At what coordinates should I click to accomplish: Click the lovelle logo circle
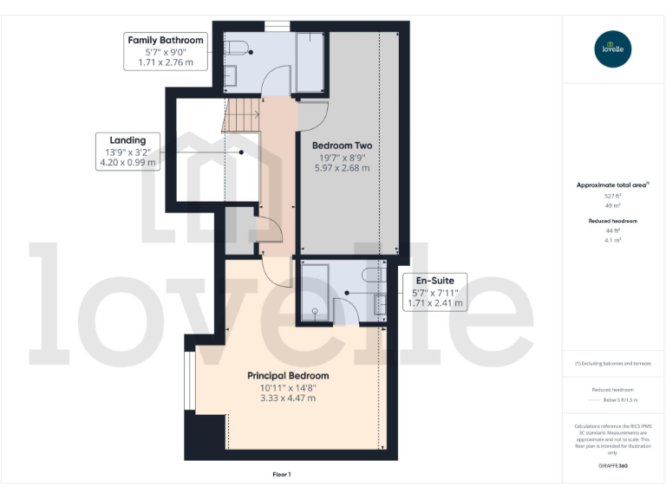[613, 49]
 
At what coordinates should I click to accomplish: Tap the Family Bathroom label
[166, 40]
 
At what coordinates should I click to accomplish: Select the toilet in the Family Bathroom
[239, 47]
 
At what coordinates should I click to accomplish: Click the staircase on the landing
[243, 113]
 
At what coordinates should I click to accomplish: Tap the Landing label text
[127, 139]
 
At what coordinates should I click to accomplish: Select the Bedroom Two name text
[342, 146]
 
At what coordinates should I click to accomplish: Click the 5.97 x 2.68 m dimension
[342, 168]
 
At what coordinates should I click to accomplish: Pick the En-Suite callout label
[434, 281]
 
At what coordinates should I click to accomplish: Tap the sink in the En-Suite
[380, 304]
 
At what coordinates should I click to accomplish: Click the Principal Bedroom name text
[288, 375]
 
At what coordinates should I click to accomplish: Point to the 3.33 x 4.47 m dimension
[288, 398]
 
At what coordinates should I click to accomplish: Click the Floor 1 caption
[282, 475]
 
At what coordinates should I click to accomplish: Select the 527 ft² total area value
[613, 197]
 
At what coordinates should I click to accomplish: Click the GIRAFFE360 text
[613, 466]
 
